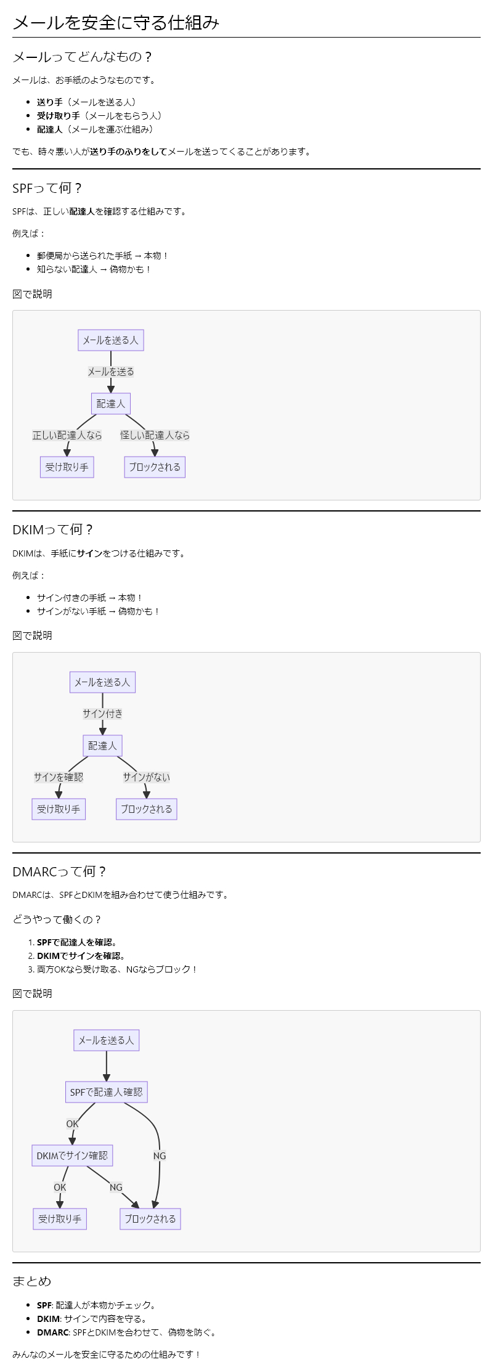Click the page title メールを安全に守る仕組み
116,23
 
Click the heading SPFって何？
47,188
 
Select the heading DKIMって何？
53,529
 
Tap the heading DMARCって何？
59,871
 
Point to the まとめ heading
31,1281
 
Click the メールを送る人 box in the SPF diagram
111,340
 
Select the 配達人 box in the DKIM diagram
102,746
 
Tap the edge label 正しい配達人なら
67,435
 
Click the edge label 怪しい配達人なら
155,435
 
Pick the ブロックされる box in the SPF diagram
155,467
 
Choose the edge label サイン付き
102,714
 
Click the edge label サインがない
146,777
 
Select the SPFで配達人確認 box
106,1092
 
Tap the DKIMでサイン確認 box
72,1156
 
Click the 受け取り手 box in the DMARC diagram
60,1219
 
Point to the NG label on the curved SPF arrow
160,1156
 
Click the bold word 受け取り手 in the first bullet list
59,116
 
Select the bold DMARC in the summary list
53,1332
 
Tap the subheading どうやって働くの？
57,919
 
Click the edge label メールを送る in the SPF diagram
111,372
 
